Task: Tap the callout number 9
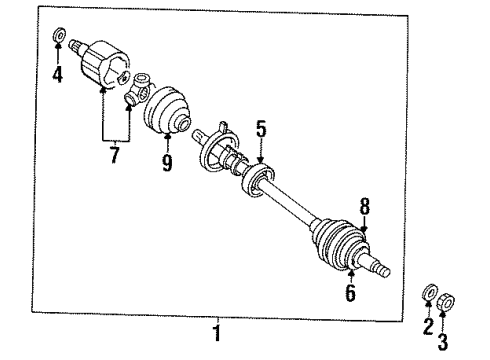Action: coord(168,160)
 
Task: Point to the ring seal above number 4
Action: coord(58,39)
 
